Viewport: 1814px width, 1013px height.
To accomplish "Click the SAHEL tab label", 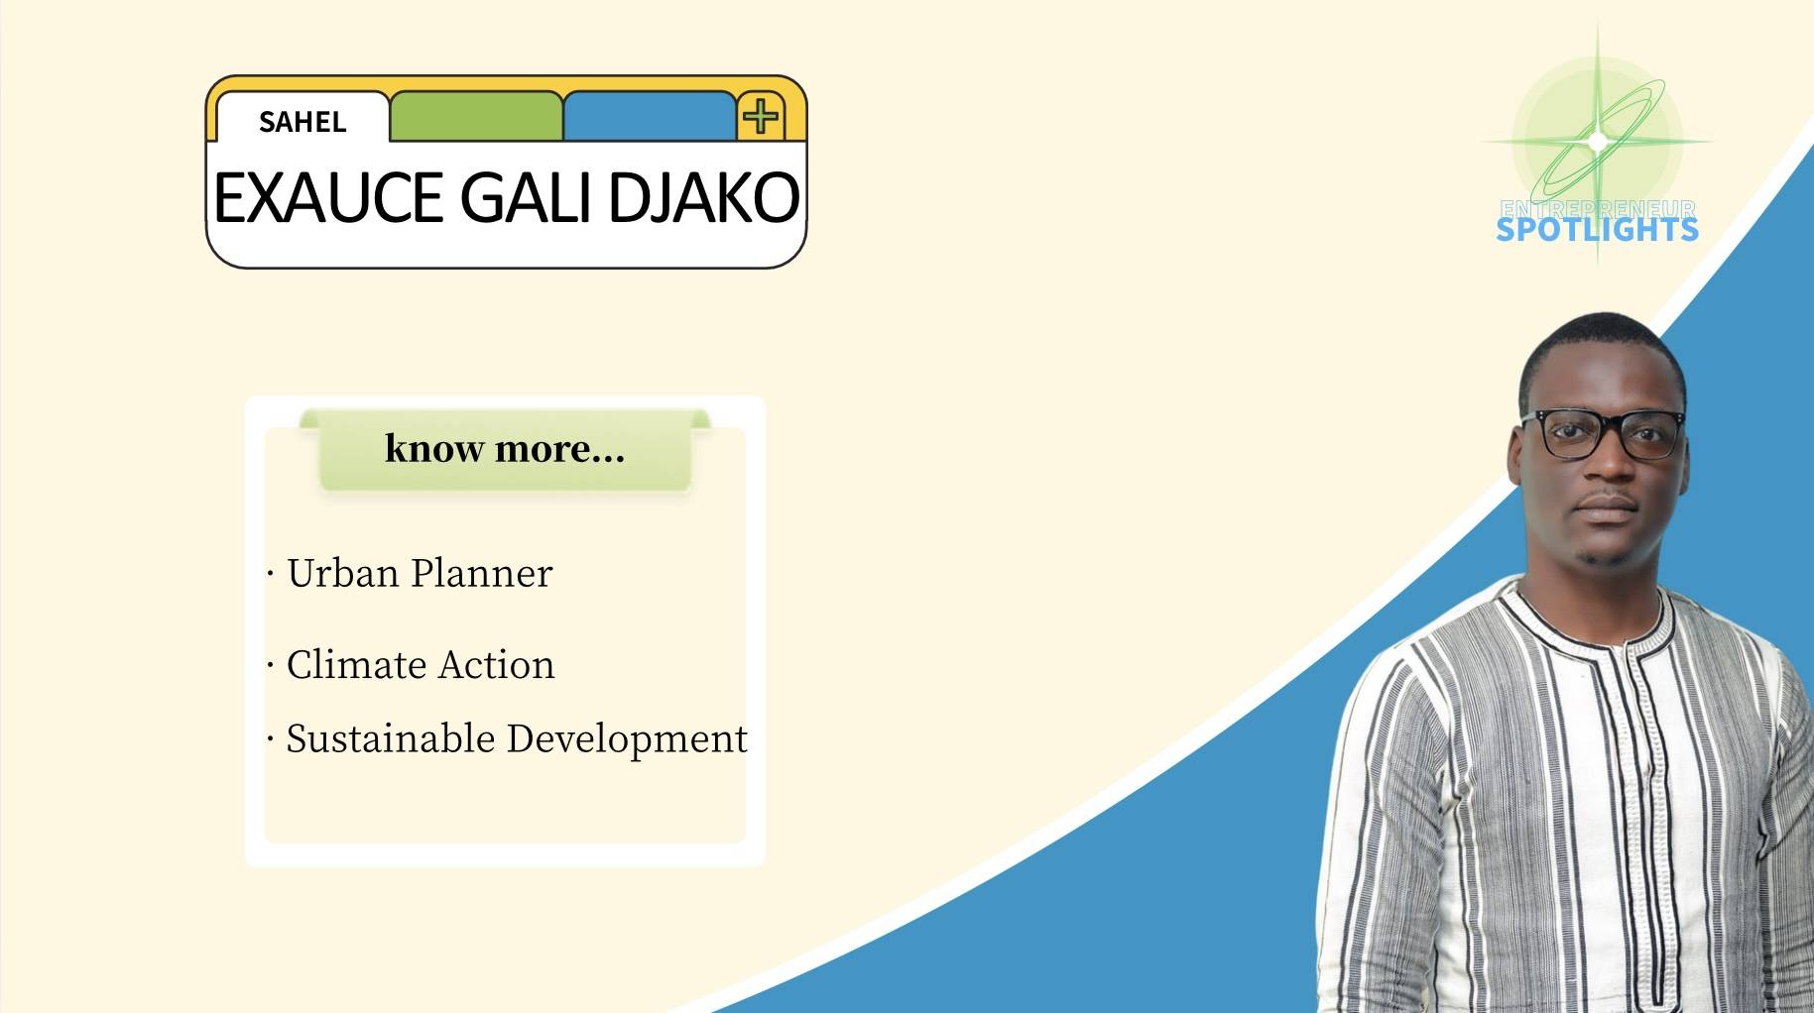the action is click(302, 122).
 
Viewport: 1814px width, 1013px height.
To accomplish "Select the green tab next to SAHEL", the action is click(476, 116).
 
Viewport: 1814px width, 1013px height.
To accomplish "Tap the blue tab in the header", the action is click(650, 116).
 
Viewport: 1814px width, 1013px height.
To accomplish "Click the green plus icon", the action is click(761, 116).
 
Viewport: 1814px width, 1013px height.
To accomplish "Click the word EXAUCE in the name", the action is click(328, 197).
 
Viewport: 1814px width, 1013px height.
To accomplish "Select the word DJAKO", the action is click(703, 197).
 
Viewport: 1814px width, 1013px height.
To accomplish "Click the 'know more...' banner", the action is click(505, 449).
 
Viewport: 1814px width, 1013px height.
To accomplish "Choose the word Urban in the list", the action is click(343, 573).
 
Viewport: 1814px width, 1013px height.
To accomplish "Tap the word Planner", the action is click(482, 573).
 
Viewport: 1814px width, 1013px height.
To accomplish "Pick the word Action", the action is click(497, 664).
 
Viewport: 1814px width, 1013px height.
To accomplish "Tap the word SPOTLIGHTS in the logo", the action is click(1597, 230).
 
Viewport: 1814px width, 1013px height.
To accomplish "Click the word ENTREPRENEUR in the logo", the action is click(1598, 208).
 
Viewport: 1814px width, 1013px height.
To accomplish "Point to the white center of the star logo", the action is click(1597, 141).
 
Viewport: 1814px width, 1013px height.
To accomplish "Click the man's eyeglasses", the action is click(1603, 434).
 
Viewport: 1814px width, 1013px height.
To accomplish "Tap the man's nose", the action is click(1606, 470).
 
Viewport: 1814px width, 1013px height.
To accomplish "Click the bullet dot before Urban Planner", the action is click(270, 573).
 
